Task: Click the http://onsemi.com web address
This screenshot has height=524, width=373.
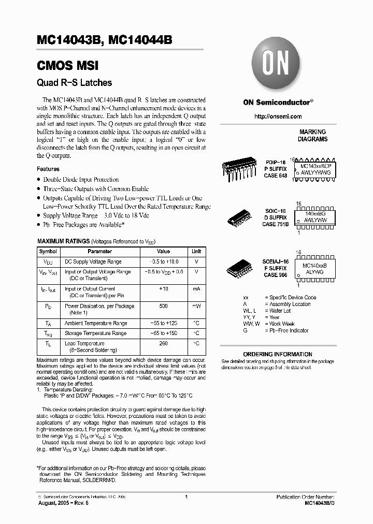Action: coord(278,117)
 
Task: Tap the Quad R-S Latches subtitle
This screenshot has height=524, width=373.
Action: coord(74,82)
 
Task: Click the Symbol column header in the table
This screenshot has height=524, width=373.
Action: coord(48,251)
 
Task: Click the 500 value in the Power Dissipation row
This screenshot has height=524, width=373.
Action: coord(164,306)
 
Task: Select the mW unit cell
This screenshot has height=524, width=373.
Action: coord(196,306)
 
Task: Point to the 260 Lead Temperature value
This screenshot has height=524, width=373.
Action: coord(164,343)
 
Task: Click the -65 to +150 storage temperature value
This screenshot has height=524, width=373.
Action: coord(164,333)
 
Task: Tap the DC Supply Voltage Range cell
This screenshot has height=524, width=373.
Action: coord(93,262)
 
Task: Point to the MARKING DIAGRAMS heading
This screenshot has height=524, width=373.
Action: coord(312,136)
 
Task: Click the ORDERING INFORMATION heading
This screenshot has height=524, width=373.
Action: coord(278,354)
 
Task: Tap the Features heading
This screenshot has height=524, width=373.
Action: coord(48,169)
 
